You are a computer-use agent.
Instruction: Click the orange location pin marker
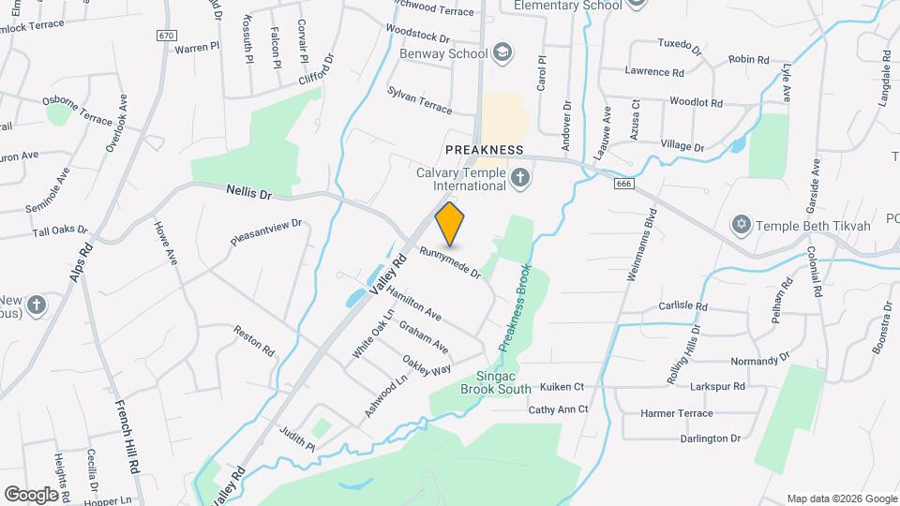tap(450, 223)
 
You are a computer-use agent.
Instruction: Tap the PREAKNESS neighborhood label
tap(484, 150)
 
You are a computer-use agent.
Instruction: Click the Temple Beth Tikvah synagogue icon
tap(742, 226)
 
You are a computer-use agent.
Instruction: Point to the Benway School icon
tap(502, 52)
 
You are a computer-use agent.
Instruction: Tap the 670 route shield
tap(167, 36)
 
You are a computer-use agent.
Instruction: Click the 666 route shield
tap(623, 184)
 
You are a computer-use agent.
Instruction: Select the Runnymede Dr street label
tap(450, 263)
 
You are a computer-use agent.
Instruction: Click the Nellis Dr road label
tap(248, 191)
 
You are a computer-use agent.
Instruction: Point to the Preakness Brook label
tap(514, 308)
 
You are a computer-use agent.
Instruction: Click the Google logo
tap(31, 494)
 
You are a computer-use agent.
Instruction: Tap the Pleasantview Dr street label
tap(267, 232)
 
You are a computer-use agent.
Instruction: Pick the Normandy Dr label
tap(759, 359)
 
